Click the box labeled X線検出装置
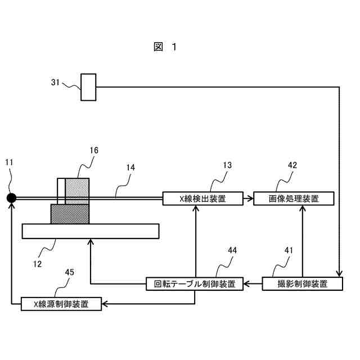(x=202, y=198)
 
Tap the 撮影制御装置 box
(x=303, y=283)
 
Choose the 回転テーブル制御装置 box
(x=194, y=283)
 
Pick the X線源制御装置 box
(x=61, y=304)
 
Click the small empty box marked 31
(x=88, y=87)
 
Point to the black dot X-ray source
(x=11, y=197)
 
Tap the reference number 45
(x=69, y=272)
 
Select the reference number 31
(x=55, y=82)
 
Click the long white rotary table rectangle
(x=90, y=231)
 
